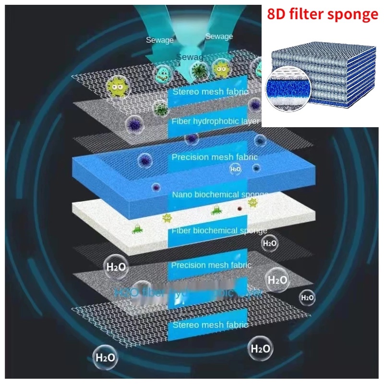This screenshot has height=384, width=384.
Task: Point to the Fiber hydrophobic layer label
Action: [215, 121]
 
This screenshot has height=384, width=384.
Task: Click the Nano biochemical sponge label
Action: [220, 194]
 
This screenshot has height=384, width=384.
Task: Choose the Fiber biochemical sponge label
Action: [219, 230]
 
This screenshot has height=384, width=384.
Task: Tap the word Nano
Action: [183, 194]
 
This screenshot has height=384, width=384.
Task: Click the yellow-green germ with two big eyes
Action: [118, 87]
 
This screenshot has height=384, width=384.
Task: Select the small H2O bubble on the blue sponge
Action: [235, 169]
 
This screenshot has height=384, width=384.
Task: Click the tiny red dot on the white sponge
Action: [239, 209]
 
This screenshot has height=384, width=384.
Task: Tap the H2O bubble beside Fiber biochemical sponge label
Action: [270, 243]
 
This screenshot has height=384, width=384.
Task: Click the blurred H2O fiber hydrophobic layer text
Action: [187, 292]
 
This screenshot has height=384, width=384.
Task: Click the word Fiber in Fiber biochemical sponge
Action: [181, 230]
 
